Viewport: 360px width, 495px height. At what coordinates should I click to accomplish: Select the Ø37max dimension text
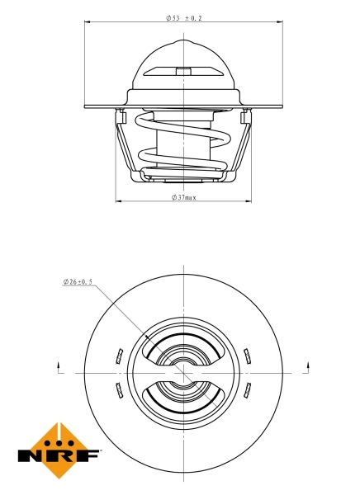[x=183, y=197]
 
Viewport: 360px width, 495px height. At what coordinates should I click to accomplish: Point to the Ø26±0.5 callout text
[x=78, y=281]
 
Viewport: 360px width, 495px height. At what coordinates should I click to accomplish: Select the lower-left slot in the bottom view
[x=116, y=388]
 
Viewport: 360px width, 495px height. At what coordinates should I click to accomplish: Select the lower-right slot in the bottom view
[x=247, y=388]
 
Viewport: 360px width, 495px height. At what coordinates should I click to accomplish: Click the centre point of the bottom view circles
[x=182, y=372]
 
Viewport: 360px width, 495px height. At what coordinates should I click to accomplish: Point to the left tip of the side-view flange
[x=86, y=106]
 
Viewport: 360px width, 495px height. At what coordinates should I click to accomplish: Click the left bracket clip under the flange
[x=120, y=116]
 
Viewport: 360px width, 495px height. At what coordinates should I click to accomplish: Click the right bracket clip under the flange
[x=244, y=116]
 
